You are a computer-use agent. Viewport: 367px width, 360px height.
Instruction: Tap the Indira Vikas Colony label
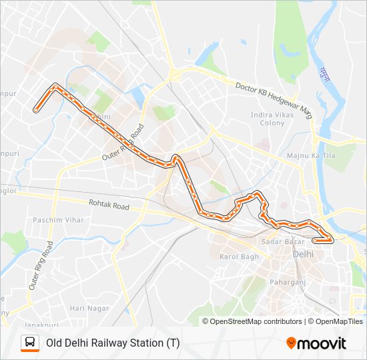(268, 119)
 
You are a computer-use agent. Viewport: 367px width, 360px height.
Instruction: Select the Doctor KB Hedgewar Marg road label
(274, 97)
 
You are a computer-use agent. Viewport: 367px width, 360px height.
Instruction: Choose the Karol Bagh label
(239, 257)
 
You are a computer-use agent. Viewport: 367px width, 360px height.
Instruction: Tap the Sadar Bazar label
(278, 241)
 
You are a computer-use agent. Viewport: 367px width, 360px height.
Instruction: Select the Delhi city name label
(302, 254)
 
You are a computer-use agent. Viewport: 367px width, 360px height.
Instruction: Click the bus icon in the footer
(29, 343)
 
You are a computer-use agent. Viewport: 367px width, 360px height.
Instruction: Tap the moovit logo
(316, 343)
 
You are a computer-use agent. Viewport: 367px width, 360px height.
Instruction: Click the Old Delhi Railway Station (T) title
(112, 343)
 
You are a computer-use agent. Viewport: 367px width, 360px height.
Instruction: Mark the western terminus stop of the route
(35, 111)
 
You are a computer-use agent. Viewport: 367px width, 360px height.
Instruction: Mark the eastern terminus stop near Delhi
(314, 241)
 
